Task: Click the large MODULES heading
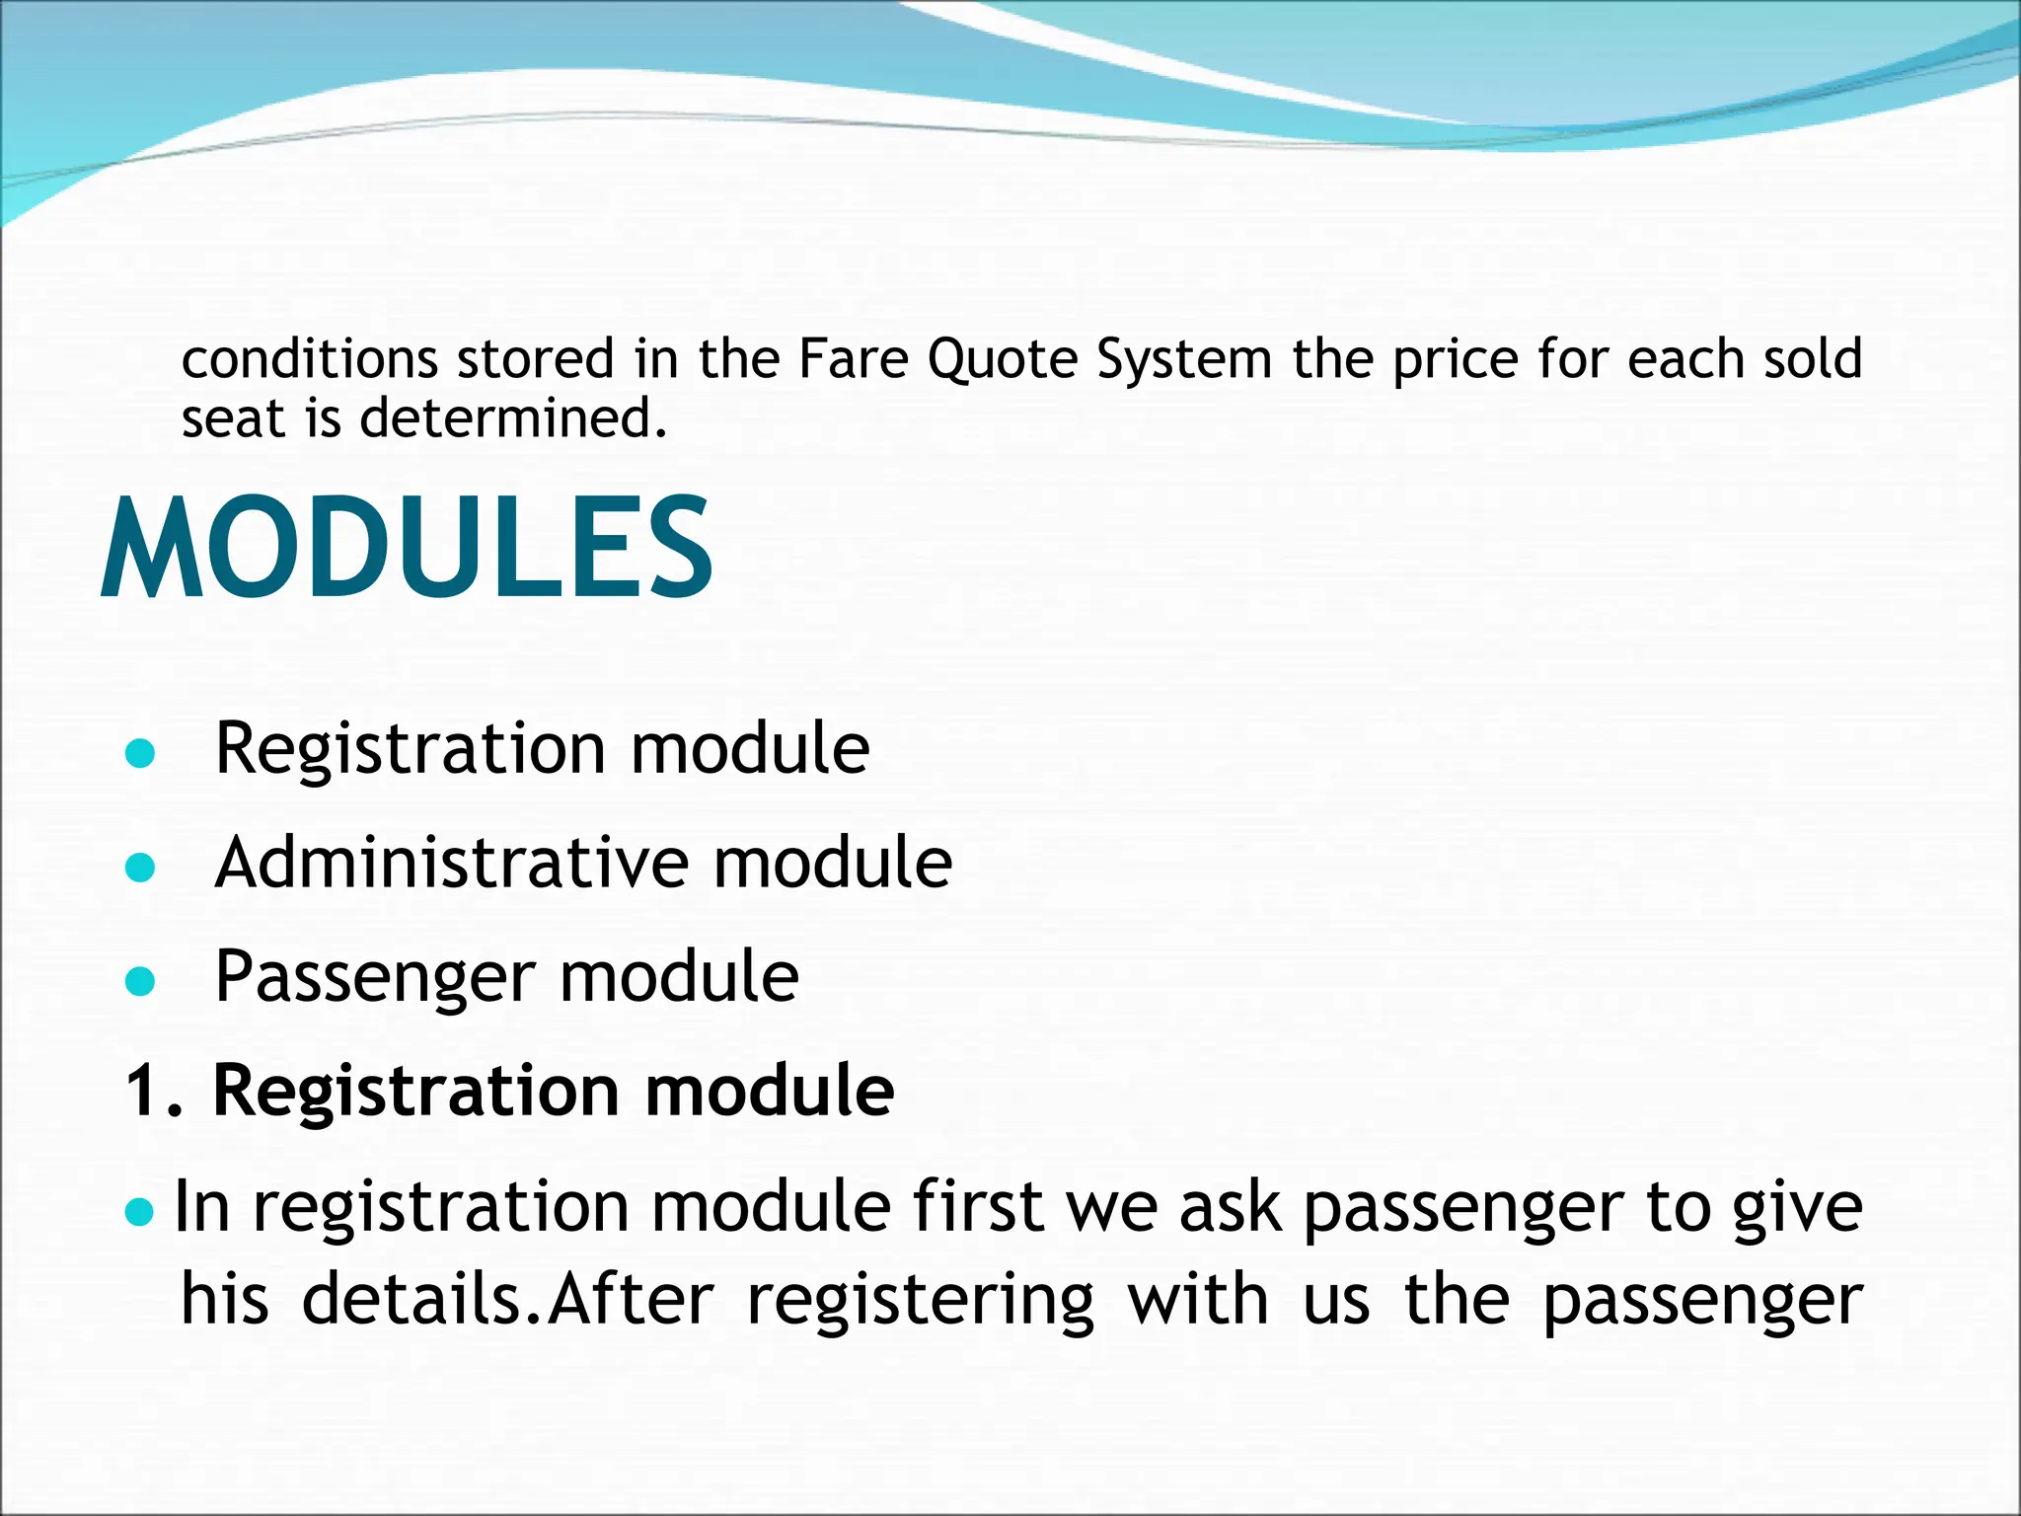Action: pyautogui.click(x=407, y=548)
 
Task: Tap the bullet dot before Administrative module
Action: pyautogui.click(x=141, y=868)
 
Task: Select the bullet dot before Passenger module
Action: pyautogui.click(x=141, y=981)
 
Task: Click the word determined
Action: pyautogui.click(x=513, y=418)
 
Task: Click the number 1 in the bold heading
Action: pyautogui.click(x=143, y=1092)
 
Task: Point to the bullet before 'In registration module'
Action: pyautogui.click(x=141, y=1210)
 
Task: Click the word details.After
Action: pyautogui.click(x=507, y=1300)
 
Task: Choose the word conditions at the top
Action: pyautogui.click(x=310, y=359)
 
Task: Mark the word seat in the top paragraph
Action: pyautogui.click(x=232, y=418)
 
